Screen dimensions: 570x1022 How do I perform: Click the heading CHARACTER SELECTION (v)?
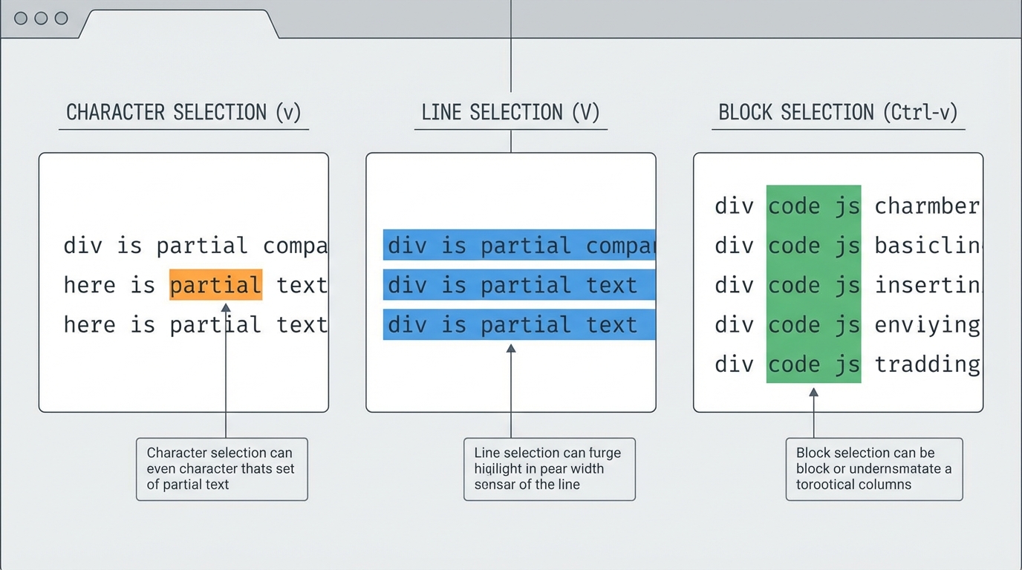coord(183,113)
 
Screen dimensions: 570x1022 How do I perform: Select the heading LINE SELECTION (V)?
coord(510,113)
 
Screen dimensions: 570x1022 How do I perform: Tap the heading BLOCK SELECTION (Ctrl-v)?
coord(838,113)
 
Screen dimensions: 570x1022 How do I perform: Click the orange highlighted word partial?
coord(215,285)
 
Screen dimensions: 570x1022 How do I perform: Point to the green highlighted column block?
coord(813,284)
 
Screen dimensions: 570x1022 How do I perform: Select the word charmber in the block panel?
coord(926,206)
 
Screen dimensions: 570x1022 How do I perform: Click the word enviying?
coord(926,324)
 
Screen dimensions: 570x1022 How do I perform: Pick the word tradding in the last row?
coord(926,364)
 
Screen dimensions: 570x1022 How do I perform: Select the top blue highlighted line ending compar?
coord(519,245)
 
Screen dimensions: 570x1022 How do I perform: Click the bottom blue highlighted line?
coord(519,324)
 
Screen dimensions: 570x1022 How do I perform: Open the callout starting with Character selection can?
coord(221,469)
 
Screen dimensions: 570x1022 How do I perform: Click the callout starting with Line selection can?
coord(549,469)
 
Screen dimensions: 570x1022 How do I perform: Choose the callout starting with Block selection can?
coord(873,469)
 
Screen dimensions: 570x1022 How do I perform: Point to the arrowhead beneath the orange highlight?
coord(226,307)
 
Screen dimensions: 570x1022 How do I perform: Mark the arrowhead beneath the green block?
coord(813,391)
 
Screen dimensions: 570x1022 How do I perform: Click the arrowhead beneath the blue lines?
coord(511,348)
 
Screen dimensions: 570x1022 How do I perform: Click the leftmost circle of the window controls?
coord(21,19)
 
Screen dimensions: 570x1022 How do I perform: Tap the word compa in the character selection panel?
coord(295,246)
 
